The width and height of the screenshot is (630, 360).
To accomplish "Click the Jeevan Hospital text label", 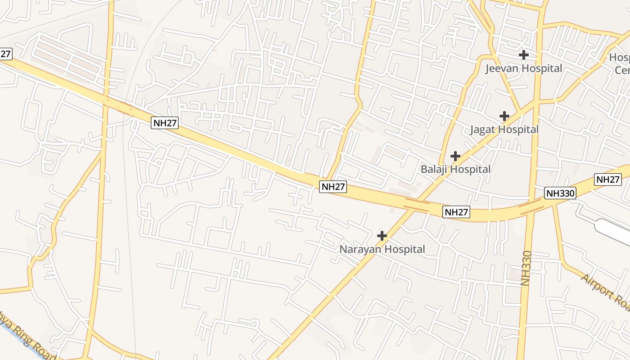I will pos(523,68).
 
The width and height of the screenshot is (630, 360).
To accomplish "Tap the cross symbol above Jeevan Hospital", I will pos(523,55).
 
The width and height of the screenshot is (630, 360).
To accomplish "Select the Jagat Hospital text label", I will pos(504,130).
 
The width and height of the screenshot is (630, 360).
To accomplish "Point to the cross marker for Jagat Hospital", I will pos(504,116).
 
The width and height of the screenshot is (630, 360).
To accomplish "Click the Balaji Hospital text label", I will pos(455,170).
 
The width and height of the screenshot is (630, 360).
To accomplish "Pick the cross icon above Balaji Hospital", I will pos(455,156).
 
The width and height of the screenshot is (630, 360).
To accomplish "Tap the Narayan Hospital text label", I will pos(382,249).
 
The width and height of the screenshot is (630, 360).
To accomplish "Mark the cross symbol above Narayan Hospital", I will pos(382,235).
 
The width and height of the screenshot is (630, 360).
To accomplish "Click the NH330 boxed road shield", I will pos(560,193).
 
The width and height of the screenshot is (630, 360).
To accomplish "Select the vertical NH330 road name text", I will pos(526,268).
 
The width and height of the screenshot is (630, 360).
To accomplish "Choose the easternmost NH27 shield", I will pos(608,179).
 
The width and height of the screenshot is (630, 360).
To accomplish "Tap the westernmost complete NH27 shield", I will pos(165,123).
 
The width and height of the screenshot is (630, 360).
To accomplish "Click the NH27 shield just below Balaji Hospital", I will pos(456,212).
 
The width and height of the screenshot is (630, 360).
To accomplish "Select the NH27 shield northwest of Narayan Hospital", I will pos(333,187).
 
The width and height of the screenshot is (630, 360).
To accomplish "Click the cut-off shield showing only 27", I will pos(5,54).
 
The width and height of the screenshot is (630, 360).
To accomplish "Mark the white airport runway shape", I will pos(614,230).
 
